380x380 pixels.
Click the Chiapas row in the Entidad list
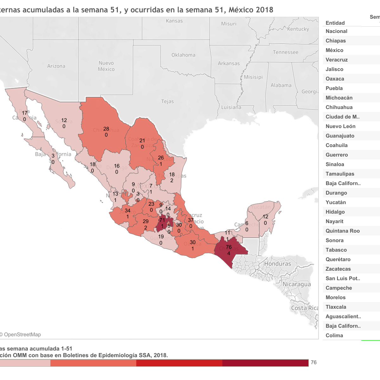(336, 41)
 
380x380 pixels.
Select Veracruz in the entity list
(337, 60)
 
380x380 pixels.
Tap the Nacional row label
(336, 31)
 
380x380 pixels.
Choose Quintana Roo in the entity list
(343, 231)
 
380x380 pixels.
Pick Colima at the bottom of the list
(334, 335)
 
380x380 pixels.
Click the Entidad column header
(335, 23)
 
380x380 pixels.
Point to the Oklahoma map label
(183, 55)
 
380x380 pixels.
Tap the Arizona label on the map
(56, 66)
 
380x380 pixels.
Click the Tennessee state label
(286, 52)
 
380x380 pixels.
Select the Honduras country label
(277, 264)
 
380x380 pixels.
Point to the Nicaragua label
(297, 284)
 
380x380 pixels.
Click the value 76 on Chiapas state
(229, 247)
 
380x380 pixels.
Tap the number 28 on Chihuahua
(106, 129)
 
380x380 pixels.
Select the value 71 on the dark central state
(162, 220)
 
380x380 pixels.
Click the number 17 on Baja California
(24, 113)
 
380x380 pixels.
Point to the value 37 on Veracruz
(191, 220)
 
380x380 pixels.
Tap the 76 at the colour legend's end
(313, 362)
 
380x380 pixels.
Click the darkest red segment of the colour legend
(265, 363)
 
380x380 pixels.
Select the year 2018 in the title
(264, 10)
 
